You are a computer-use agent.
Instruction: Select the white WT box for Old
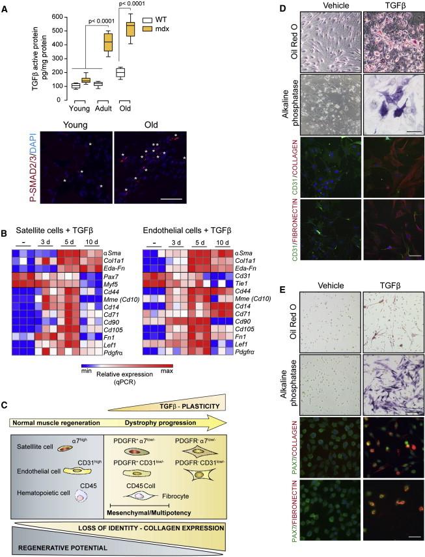(x=120, y=72)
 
